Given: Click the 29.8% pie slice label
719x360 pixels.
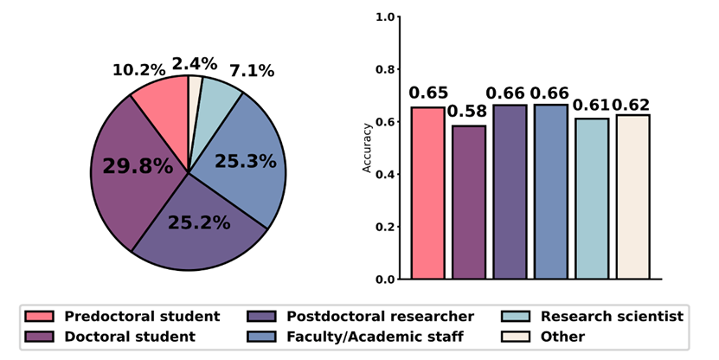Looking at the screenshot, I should [138, 166].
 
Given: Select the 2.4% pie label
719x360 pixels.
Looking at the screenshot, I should [194, 63].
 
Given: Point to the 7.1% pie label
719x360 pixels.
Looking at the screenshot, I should [251, 71].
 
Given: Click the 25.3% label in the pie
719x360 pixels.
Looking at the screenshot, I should [245, 161].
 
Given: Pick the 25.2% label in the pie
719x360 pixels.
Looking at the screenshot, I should [199, 223].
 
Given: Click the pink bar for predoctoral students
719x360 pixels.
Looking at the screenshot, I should [427, 193].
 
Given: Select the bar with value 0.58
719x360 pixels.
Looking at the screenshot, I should [469, 202].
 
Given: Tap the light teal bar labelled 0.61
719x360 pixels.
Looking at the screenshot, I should [592, 199].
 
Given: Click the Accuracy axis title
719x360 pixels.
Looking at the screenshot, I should [367, 148].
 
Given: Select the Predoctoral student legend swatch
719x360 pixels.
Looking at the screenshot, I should [40, 317].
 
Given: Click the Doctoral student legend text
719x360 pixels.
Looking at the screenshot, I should [129, 337].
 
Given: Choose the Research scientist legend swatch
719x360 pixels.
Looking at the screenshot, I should [522, 317].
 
